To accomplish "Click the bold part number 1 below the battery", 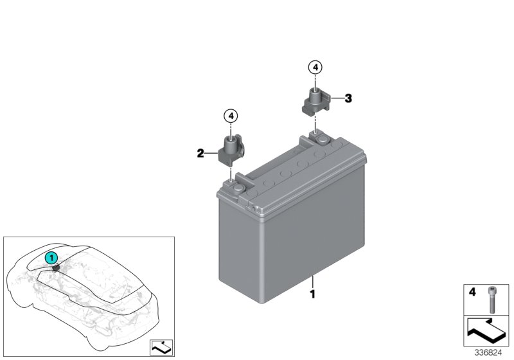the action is pyautogui.click(x=313, y=294).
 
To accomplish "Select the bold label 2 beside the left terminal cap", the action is pyautogui.click(x=200, y=153).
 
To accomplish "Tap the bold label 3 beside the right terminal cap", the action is pyautogui.click(x=348, y=98).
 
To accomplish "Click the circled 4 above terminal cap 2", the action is pyautogui.click(x=231, y=116).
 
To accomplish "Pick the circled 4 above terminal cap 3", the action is pyautogui.click(x=315, y=67).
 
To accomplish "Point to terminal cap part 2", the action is pyautogui.click(x=231, y=152).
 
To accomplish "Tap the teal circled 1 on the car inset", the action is pyautogui.click(x=51, y=258).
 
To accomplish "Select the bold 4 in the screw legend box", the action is pyautogui.click(x=472, y=292).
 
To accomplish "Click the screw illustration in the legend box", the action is pyautogui.click(x=492, y=300).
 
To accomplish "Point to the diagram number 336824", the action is pyautogui.click(x=488, y=353).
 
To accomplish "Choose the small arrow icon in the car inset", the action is pyautogui.click(x=161, y=347).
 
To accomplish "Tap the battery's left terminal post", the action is pyautogui.click(x=238, y=188).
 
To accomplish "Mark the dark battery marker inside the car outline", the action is pyautogui.click(x=56, y=269).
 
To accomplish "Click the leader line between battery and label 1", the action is pyautogui.click(x=313, y=282).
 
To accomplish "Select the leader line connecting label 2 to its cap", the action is pyautogui.click(x=211, y=153).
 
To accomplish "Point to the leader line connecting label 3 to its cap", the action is pyautogui.click(x=337, y=98).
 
